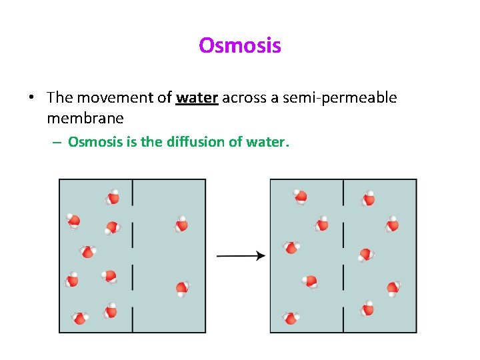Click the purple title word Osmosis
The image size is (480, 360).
pos(240,46)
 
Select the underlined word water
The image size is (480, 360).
pos(197,98)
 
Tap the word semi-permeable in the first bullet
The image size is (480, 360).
pos(339,98)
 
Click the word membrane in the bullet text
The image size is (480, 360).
pos(85,119)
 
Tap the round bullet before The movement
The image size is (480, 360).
pos(31,99)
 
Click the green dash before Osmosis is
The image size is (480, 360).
pos(58,142)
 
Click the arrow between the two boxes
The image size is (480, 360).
pos(241,255)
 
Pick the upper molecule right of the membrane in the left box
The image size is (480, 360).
pos(181,225)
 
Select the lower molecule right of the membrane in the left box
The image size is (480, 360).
pos(182,288)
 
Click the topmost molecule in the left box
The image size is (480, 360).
pos(113,197)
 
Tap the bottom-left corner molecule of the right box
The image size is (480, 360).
pos(290,318)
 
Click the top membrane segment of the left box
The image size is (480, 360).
pos(133,192)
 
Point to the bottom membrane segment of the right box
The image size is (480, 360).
pos(343,319)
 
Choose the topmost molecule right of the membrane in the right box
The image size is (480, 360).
pos(367,199)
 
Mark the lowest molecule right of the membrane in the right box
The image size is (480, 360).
pos(367,309)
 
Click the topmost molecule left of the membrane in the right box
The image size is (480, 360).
pos(301,196)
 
